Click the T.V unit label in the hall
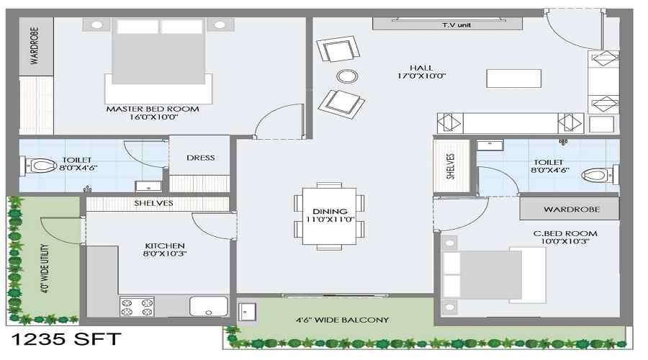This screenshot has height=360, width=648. pos(456,25)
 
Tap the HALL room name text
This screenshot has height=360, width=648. pos(421,68)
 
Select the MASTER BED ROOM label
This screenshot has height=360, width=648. pos(153,109)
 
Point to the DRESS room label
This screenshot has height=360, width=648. pos(200,158)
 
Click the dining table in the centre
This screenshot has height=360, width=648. pos(329,216)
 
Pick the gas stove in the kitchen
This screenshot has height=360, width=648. pos(137,306)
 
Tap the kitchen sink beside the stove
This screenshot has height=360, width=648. pos(209,306)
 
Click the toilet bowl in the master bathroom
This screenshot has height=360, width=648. pos(40,166)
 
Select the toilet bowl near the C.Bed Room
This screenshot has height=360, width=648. pos(596,175)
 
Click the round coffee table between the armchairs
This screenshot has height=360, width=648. pos(347,76)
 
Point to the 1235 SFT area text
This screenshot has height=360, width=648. pos(66,339)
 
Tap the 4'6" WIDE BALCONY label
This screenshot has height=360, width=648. pos(343,320)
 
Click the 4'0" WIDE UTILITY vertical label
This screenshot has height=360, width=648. pos(44,269)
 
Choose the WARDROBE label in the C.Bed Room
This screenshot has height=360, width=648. pos(572,210)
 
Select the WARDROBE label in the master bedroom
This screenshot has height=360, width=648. pos(35,46)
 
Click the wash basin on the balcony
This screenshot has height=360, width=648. pos(247,312)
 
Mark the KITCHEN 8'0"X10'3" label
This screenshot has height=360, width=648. pos(165,250)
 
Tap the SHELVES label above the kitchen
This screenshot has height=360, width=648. pos(154,203)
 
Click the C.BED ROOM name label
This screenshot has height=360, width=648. pos(565,233)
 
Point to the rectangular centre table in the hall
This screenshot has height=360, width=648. pos(513,78)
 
